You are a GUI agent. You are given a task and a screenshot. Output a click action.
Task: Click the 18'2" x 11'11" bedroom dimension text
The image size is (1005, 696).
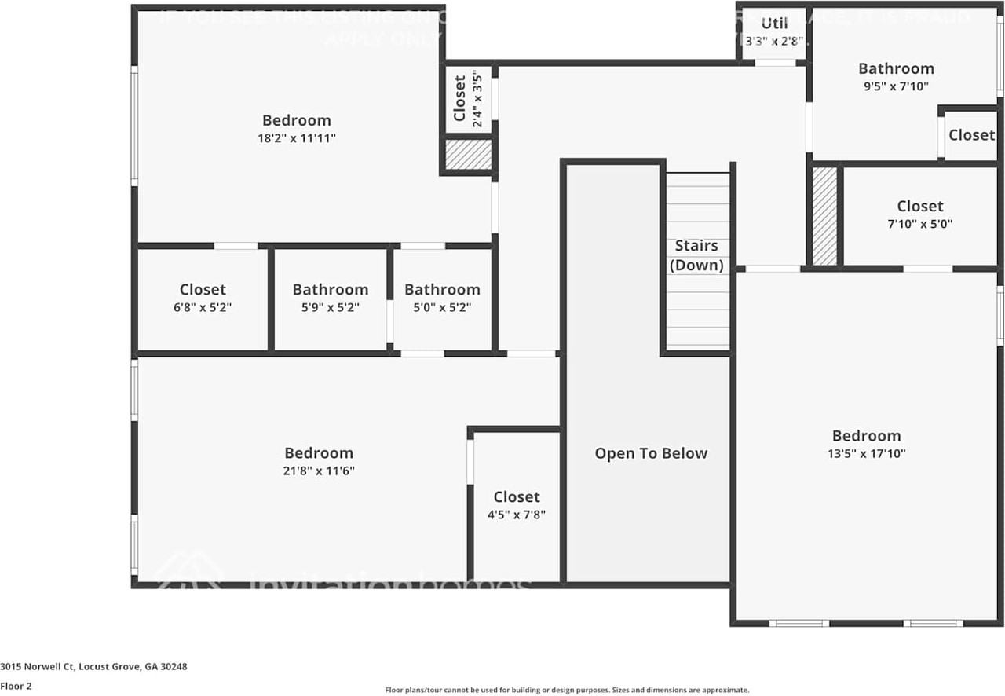pyautogui.click(x=296, y=138)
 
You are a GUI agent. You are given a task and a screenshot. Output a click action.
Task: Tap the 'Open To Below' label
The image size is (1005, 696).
pyautogui.click(x=651, y=453)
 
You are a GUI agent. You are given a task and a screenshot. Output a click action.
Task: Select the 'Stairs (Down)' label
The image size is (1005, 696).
pyautogui.click(x=696, y=255)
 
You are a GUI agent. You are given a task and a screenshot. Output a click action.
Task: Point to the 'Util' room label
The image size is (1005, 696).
pyautogui.click(x=774, y=24)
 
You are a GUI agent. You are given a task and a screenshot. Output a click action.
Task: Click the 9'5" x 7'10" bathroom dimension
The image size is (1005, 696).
pyautogui.click(x=896, y=86)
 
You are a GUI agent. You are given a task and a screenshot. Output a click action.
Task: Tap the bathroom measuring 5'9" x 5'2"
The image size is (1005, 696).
pyautogui.click(x=330, y=299)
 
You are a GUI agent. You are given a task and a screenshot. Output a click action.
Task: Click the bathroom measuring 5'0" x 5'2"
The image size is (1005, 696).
pyautogui.click(x=442, y=299)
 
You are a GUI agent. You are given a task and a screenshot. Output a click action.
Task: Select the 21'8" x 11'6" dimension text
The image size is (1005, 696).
pyautogui.click(x=319, y=471)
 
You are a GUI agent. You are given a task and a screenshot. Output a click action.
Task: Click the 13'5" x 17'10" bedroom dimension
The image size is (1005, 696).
pyautogui.click(x=866, y=453)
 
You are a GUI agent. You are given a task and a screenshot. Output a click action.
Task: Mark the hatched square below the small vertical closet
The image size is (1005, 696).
pyautogui.click(x=468, y=154)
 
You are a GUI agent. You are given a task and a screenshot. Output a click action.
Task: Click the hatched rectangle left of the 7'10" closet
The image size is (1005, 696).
pyautogui.click(x=824, y=216)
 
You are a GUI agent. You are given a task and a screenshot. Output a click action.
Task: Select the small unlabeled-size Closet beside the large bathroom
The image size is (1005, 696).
pyautogui.click(x=971, y=135)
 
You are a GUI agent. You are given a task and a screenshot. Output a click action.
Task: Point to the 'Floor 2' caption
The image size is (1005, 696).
pyautogui.click(x=16, y=686)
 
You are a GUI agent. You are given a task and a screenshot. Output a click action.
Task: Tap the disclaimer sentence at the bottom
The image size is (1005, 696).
pyautogui.click(x=567, y=691)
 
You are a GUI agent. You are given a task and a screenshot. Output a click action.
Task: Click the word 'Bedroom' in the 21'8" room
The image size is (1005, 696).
pyautogui.click(x=319, y=453)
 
